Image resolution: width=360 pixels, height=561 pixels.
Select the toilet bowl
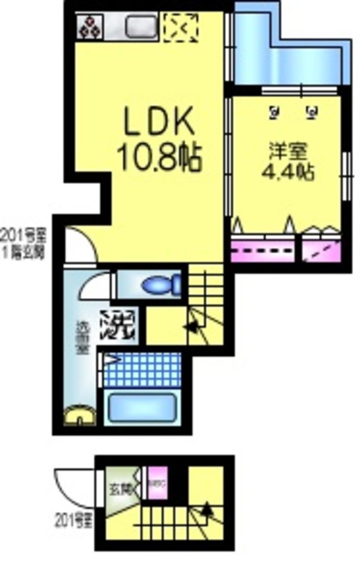pyautogui.click(x=159, y=285)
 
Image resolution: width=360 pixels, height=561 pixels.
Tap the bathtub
pyautogui.click(x=142, y=408)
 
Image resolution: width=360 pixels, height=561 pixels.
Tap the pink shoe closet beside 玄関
pyautogui.click(x=155, y=481)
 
